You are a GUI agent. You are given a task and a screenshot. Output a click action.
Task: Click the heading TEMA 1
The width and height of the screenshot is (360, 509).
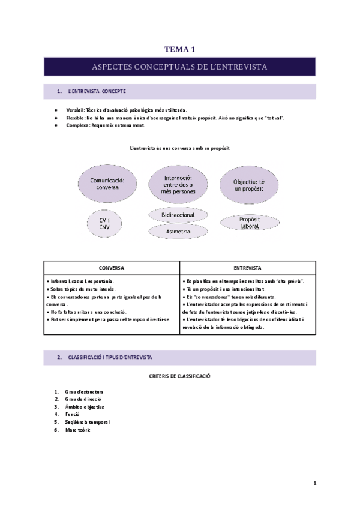(179, 50)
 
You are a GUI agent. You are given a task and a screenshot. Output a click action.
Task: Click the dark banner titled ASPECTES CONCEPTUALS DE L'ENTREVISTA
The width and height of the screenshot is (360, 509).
(180, 67)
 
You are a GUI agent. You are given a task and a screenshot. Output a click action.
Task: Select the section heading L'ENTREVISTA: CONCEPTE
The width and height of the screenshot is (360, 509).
(96, 91)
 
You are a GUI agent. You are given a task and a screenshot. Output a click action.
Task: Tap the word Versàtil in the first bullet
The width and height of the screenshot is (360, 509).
(76, 110)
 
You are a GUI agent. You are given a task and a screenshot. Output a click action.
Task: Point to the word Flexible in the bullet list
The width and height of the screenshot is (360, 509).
(76, 118)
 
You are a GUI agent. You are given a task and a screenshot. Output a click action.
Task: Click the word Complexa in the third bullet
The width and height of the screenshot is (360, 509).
(77, 125)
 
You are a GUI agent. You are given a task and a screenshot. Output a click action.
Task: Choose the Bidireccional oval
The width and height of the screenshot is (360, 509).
(178, 214)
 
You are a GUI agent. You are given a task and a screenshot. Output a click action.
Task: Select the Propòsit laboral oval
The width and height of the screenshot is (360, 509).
(248, 222)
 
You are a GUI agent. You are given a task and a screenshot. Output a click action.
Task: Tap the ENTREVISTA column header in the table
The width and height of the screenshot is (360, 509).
(247, 268)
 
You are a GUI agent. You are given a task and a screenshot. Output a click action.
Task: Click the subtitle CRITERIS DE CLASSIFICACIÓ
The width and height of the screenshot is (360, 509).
(179, 376)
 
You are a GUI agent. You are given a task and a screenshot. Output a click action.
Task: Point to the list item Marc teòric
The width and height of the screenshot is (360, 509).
(79, 429)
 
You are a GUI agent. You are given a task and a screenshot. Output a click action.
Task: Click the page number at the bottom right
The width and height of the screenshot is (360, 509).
(314, 483)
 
